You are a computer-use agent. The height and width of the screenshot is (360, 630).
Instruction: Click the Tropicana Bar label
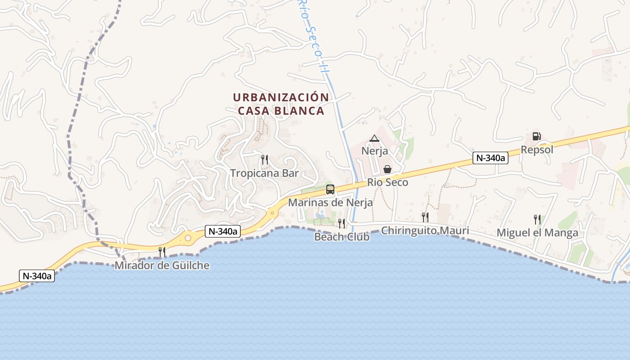265,173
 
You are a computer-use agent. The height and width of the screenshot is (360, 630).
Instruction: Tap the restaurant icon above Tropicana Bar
265,159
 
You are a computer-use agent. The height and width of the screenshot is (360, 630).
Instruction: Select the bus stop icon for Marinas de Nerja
330,189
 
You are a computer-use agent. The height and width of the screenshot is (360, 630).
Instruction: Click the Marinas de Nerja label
330,202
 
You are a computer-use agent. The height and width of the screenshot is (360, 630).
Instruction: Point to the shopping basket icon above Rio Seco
387,169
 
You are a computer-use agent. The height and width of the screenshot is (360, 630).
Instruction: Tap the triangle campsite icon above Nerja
374,138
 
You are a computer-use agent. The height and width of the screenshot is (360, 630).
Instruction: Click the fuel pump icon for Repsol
536,136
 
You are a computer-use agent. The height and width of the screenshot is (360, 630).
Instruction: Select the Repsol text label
537,150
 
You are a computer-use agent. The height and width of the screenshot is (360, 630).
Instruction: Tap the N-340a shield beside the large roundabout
223,231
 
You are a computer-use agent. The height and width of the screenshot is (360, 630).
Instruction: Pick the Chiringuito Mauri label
425,231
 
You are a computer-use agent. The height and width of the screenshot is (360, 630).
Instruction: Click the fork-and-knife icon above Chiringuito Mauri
425,217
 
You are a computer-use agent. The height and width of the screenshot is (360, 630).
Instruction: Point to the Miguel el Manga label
537,233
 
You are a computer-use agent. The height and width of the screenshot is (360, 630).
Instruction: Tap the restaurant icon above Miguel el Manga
537,220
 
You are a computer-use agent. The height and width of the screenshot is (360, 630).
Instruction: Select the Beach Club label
342,237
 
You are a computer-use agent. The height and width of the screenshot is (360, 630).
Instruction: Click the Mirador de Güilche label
162,265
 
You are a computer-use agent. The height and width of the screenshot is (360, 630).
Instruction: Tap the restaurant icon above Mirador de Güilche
162,252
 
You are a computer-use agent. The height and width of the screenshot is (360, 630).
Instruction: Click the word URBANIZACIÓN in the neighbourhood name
281,97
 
